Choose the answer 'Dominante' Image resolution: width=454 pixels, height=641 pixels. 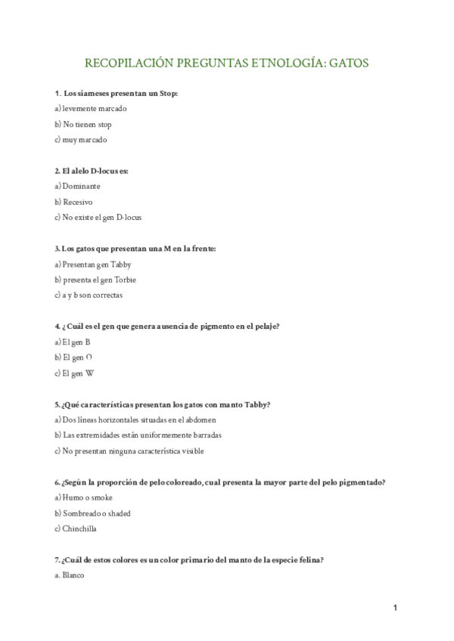tap(81, 186)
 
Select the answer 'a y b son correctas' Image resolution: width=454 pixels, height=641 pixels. tap(92, 295)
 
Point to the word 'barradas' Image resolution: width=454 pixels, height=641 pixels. tap(205, 435)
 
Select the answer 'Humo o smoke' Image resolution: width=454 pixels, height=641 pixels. tap(86, 497)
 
